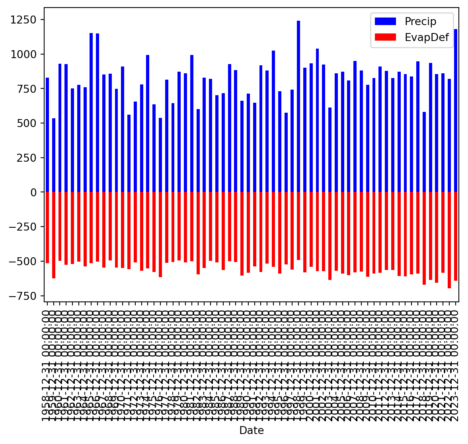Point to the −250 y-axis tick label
pyautogui.click(x=25, y=227)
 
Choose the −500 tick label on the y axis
pyautogui.click(x=25, y=261)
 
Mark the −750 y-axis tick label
pyautogui.click(x=25, y=296)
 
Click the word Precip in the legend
pyautogui.click(x=420, y=22)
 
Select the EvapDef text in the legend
pyautogui.click(x=427, y=37)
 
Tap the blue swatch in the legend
pyautogui.click(x=385, y=21)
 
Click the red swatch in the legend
pyautogui.click(x=385, y=37)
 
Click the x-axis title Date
pyautogui.click(x=252, y=430)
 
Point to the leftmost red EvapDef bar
pyautogui.click(x=47, y=227)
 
